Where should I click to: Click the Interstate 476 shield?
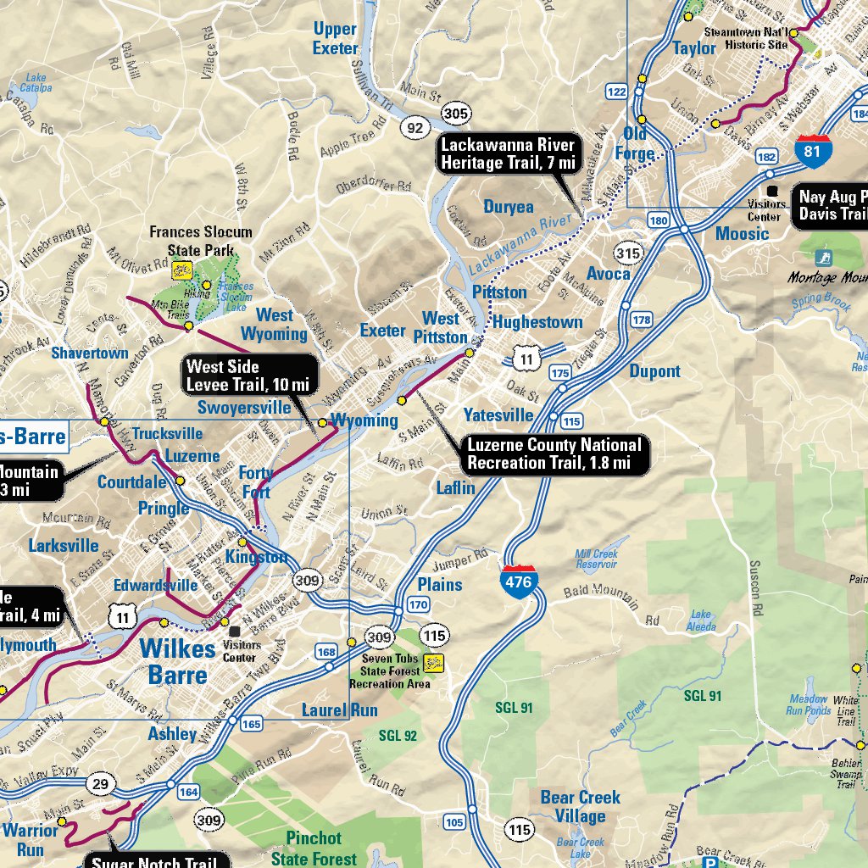click(519, 581)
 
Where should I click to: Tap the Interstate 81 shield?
click(813, 149)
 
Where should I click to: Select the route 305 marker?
click(456, 113)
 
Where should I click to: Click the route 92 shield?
click(415, 128)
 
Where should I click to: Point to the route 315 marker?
click(628, 253)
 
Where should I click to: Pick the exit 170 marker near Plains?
click(418, 605)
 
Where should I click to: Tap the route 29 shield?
click(101, 784)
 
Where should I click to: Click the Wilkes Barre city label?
click(177, 661)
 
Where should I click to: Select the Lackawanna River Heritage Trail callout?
click(508, 153)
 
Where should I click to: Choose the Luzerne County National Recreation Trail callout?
click(554, 453)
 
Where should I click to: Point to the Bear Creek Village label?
click(581, 807)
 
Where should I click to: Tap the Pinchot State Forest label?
click(313, 847)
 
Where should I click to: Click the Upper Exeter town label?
click(335, 38)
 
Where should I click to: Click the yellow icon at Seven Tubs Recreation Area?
click(436, 661)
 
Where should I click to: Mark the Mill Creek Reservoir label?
click(596, 559)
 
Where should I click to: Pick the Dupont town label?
click(654, 371)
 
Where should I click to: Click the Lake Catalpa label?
click(36, 82)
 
